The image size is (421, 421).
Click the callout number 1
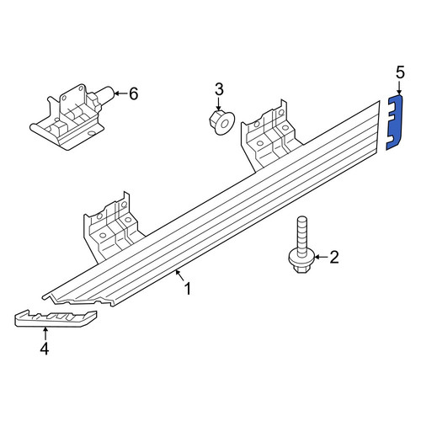(188, 289)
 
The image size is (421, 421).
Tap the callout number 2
(334, 257)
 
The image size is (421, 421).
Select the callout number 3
(219, 89)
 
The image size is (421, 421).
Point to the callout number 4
(45, 349)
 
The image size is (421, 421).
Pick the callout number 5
(401, 72)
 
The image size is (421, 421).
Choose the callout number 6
(133, 93)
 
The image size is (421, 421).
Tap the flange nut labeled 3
(221, 123)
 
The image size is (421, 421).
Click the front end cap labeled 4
(56, 318)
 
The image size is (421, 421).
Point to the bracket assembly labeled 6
(72, 116)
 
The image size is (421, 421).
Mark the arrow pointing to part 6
(120, 93)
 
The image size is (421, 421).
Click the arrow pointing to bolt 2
(321, 257)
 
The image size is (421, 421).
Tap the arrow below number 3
(219, 104)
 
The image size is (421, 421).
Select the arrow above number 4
(45, 334)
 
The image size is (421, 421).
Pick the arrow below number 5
(400, 88)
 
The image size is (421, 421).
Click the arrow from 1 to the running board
(179, 274)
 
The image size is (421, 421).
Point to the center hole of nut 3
(225, 123)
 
